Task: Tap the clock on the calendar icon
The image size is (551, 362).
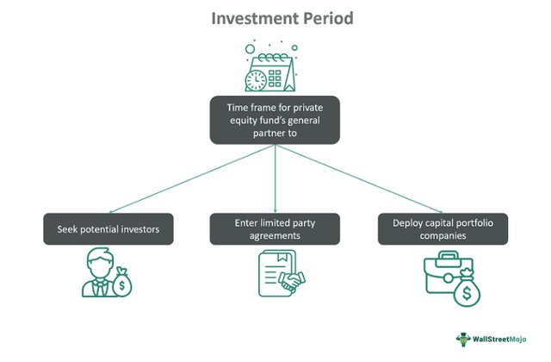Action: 256,80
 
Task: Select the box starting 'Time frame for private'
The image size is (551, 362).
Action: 275,120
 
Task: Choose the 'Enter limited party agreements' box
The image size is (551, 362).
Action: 275,229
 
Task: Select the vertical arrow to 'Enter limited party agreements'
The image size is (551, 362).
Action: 275,177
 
